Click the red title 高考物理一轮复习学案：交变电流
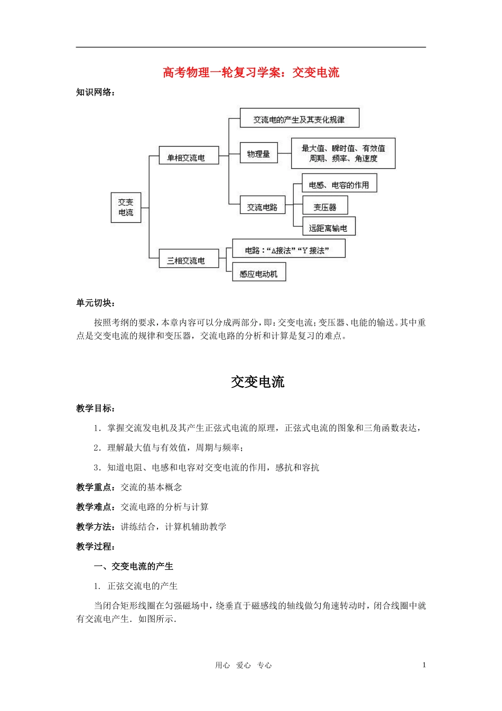[x=250, y=72]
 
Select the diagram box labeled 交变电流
[x=126, y=207]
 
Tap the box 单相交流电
[x=189, y=157]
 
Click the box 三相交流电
[x=189, y=260]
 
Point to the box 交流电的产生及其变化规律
[x=299, y=119]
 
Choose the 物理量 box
[x=258, y=153]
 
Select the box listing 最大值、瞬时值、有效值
[x=343, y=153]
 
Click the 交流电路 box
[x=262, y=206]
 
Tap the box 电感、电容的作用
[x=339, y=184]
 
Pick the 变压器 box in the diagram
[x=325, y=206]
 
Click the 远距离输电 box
[x=328, y=227]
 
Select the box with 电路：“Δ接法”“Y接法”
[x=289, y=250]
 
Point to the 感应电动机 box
[x=259, y=273]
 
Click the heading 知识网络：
[x=96, y=93]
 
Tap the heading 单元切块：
[x=96, y=303]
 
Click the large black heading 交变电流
[x=257, y=381]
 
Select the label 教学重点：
[x=98, y=487]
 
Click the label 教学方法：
[x=98, y=527]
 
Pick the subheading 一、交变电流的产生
[x=133, y=566]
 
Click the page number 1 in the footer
[x=424, y=665]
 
